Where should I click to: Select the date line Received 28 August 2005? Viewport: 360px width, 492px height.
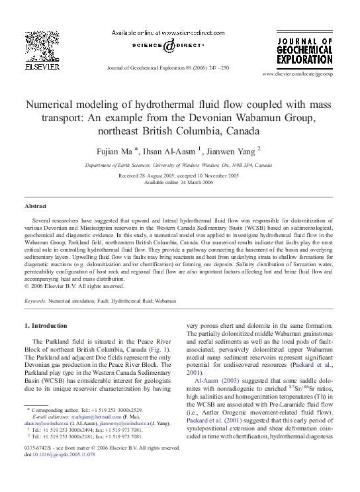coord(179,175)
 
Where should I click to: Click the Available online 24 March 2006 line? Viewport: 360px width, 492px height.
coord(179,182)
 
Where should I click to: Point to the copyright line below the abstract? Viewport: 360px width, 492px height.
coord(73,286)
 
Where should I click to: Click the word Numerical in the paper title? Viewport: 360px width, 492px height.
coord(54,105)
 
